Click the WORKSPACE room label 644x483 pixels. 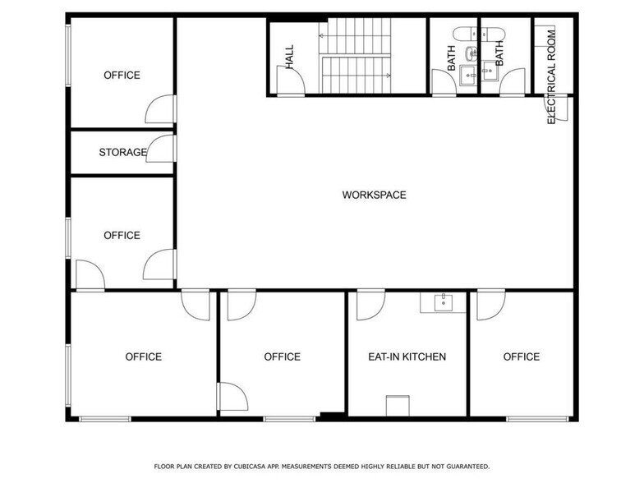(374, 195)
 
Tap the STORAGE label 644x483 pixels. (122, 152)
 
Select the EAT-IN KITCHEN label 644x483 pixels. (407, 356)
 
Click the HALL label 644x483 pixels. (290, 55)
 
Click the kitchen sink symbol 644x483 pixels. (444, 302)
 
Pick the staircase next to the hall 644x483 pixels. (357, 56)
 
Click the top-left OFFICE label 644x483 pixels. (122, 75)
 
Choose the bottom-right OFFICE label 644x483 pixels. (521, 356)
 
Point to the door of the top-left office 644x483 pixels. (161, 109)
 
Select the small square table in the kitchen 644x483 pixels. (398, 407)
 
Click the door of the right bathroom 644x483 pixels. (512, 81)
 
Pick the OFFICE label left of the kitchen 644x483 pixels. (282, 356)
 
